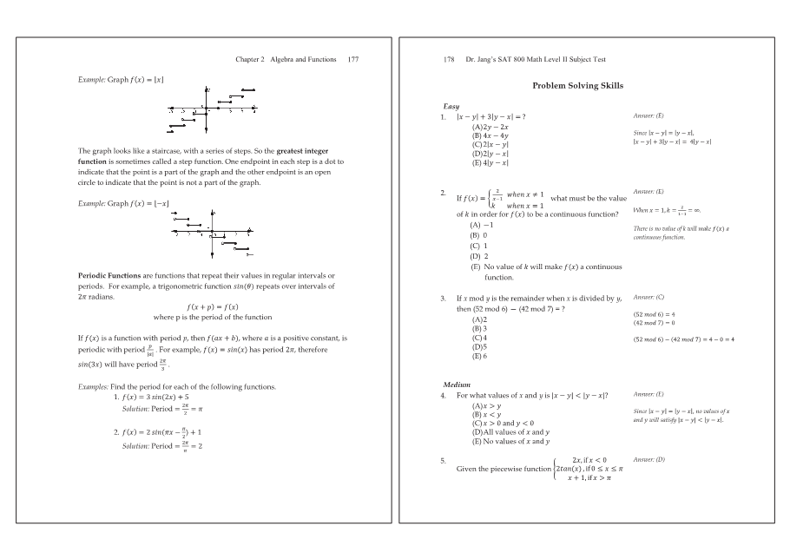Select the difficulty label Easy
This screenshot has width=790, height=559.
[451, 107]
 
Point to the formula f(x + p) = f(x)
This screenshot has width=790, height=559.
[213, 307]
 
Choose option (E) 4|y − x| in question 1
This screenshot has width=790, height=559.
[490, 162]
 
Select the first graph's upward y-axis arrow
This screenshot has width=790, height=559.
[207, 89]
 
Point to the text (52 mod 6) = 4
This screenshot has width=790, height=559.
[655, 314]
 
